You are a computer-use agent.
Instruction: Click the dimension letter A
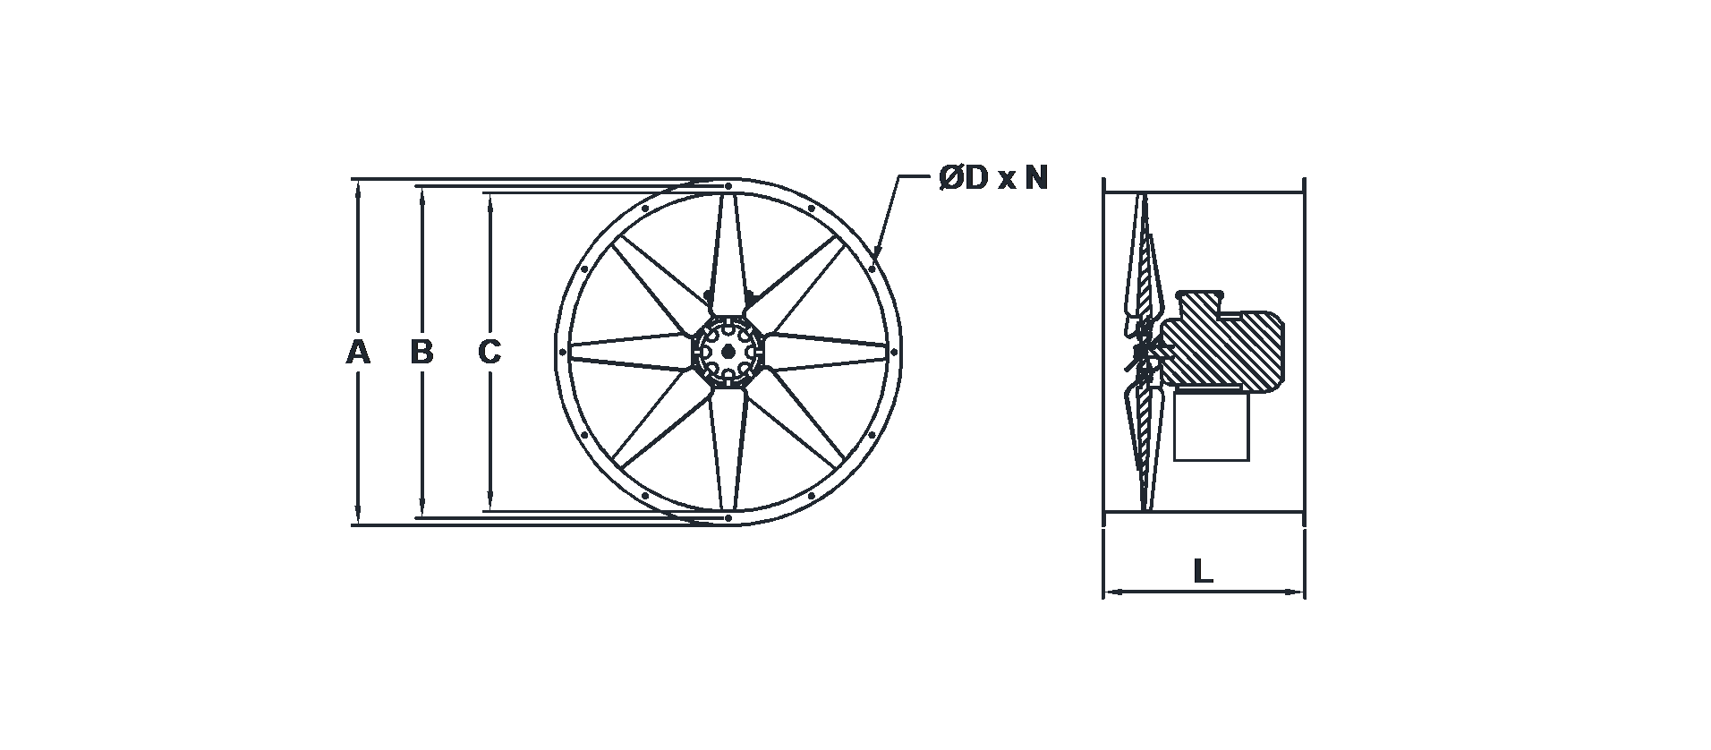coord(358,353)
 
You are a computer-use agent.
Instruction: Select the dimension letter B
coord(421,353)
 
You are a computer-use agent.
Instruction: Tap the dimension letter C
coord(489,353)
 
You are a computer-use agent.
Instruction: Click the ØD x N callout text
coord(992,179)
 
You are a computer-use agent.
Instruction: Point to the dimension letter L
coord(1203,571)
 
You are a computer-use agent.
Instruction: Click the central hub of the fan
coord(728,352)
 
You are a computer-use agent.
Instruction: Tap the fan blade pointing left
coord(632,352)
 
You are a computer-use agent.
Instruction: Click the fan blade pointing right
coord(826,352)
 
